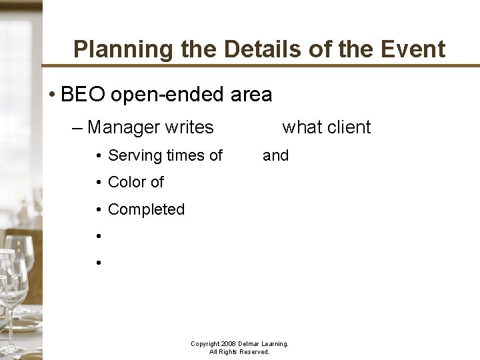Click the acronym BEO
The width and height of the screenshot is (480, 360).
tap(83, 95)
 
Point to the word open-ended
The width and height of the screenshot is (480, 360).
tap(167, 95)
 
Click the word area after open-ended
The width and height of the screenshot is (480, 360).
tap(251, 95)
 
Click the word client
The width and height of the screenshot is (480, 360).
tap(349, 127)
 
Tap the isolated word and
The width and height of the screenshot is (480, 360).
tap(275, 156)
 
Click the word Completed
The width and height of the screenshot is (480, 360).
tap(146, 209)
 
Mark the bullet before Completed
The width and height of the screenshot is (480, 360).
tap(98, 210)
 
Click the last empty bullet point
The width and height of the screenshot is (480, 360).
tap(98, 263)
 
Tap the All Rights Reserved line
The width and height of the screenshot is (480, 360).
tap(239, 352)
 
